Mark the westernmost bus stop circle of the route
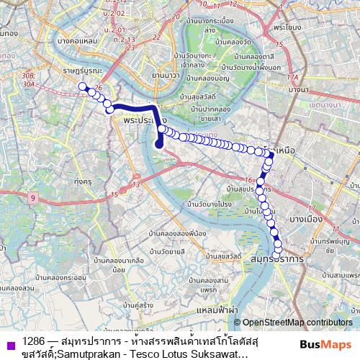click(82, 86)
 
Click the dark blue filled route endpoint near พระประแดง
click(160, 143)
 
